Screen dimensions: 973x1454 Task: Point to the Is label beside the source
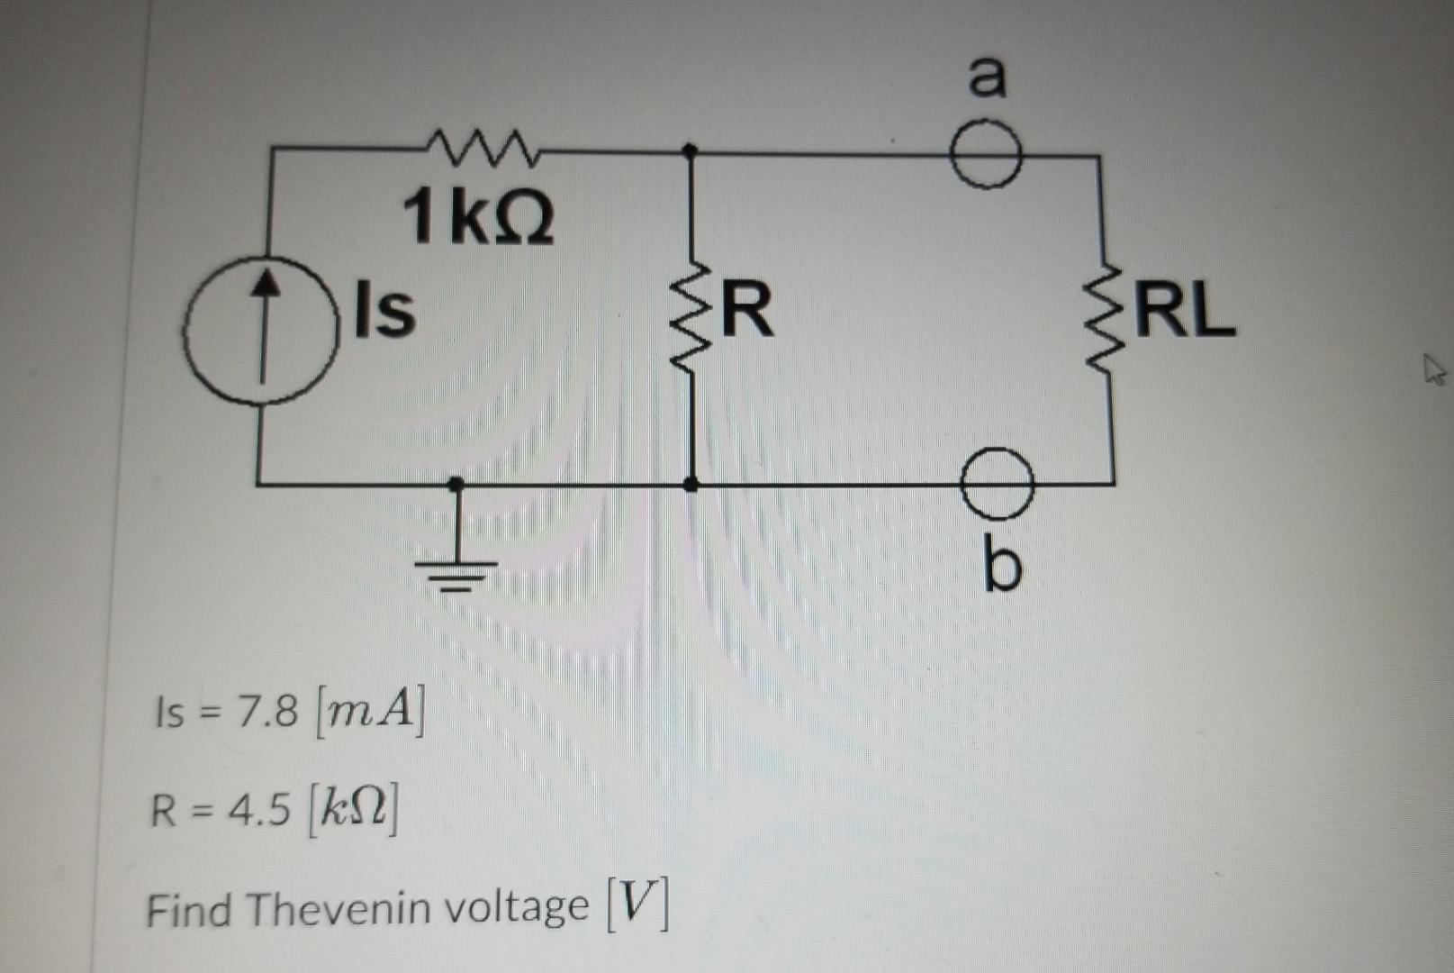click(x=385, y=310)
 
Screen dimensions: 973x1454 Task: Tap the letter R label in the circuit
click(x=747, y=310)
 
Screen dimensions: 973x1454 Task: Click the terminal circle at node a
click(x=987, y=156)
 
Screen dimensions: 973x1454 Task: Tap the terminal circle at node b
click(x=997, y=484)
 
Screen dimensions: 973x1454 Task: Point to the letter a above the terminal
click(x=988, y=76)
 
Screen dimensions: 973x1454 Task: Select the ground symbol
click(x=456, y=568)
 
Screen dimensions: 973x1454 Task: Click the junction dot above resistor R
click(x=691, y=151)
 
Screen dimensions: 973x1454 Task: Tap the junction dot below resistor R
click(x=691, y=485)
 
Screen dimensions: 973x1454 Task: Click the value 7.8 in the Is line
click(x=266, y=713)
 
